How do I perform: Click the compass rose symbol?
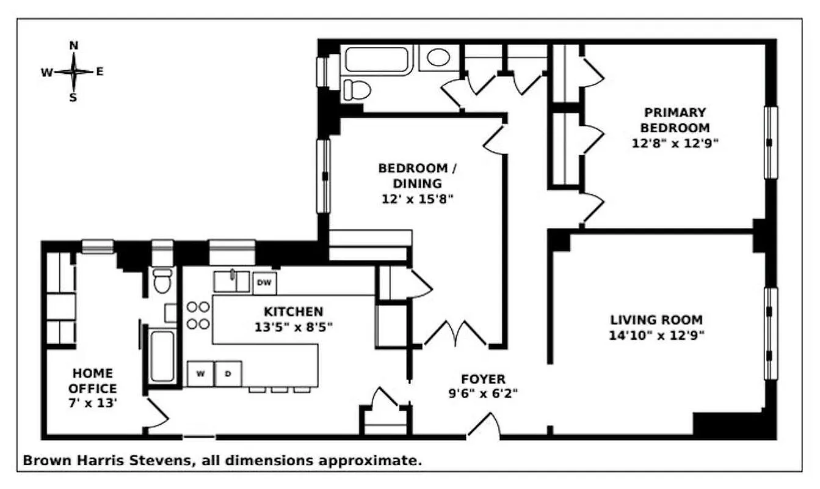pyautogui.click(x=73, y=72)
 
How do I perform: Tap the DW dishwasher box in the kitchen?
pyautogui.click(x=264, y=282)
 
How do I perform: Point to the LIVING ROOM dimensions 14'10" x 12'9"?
pyautogui.click(x=656, y=335)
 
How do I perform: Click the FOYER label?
pyautogui.click(x=483, y=379)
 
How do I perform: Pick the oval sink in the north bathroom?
pyautogui.click(x=438, y=58)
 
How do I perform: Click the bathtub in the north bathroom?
pyautogui.click(x=376, y=59)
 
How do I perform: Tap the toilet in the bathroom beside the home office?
pyautogui.click(x=162, y=280)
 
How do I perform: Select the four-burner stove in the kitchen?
pyautogui.click(x=198, y=315)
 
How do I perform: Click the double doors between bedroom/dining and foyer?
pyautogui.click(x=455, y=334)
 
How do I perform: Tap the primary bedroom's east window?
pyautogui.click(x=771, y=142)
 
